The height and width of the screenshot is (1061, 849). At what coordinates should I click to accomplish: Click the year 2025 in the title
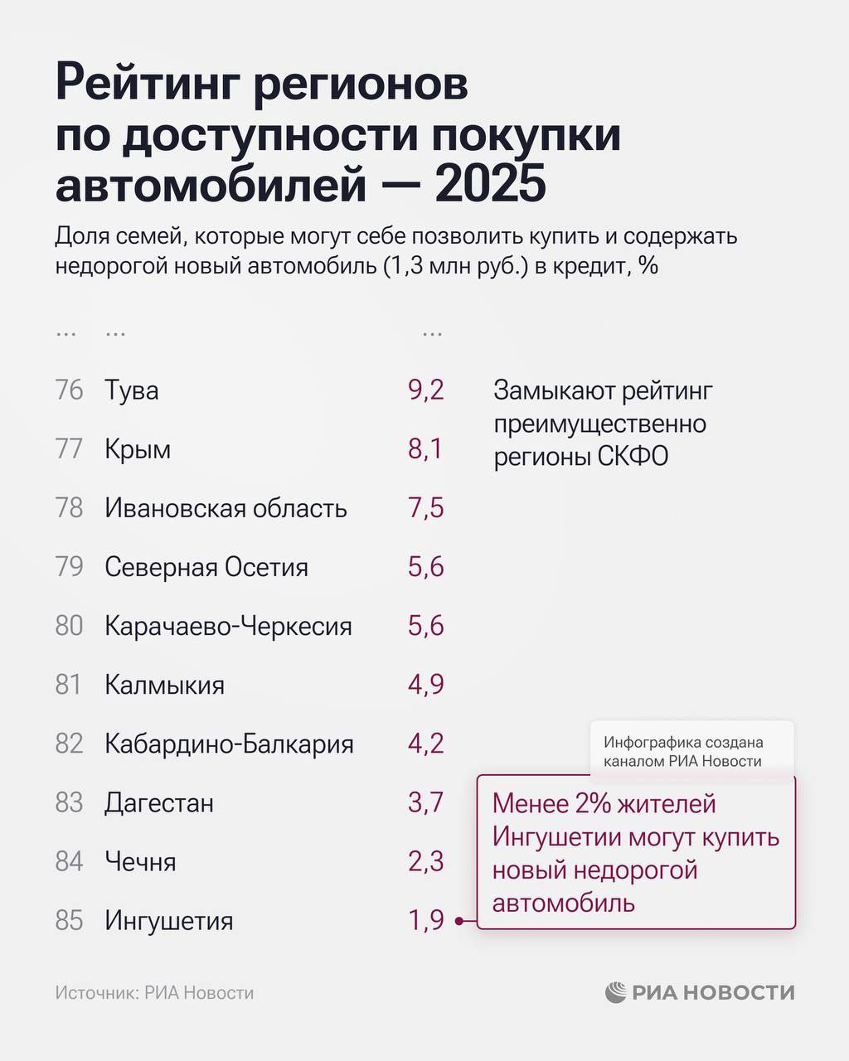(x=490, y=184)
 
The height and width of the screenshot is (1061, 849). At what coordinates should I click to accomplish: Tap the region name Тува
(x=131, y=390)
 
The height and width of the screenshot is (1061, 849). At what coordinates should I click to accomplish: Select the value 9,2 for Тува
(x=425, y=390)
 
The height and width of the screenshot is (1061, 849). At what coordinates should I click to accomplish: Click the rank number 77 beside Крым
(x=70, y=449)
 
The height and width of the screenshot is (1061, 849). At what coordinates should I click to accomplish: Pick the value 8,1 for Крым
(x=425, y=449)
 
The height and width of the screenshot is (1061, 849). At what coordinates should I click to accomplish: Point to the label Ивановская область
(x=226, y=508)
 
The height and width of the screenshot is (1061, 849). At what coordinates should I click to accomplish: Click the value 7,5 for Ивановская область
(x=425, y=508)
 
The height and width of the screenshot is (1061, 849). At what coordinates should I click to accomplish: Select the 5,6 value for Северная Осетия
(x=425, y=567)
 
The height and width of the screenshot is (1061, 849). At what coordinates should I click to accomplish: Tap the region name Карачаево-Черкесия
(x=228, y=626)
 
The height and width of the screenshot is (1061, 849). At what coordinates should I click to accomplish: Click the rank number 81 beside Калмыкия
(x=70, y=685)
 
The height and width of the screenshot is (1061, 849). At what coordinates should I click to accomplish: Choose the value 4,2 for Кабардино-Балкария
(x=425, y=744)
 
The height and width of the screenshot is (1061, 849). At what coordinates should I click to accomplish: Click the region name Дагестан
(x=159, y=802)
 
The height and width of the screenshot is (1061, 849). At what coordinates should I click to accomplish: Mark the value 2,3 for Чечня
(x=425, y=861)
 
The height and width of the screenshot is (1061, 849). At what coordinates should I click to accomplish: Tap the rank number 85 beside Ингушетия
(x=70, y=920)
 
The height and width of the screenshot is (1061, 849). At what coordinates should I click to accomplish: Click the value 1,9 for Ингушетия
(x=425, y=920)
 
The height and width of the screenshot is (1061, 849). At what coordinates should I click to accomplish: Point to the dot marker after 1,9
(x=458, y=921)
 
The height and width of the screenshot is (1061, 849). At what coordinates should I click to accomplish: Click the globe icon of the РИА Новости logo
(x=616, y=992)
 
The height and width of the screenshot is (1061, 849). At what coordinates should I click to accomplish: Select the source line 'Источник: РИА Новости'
(x=154, y=993)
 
